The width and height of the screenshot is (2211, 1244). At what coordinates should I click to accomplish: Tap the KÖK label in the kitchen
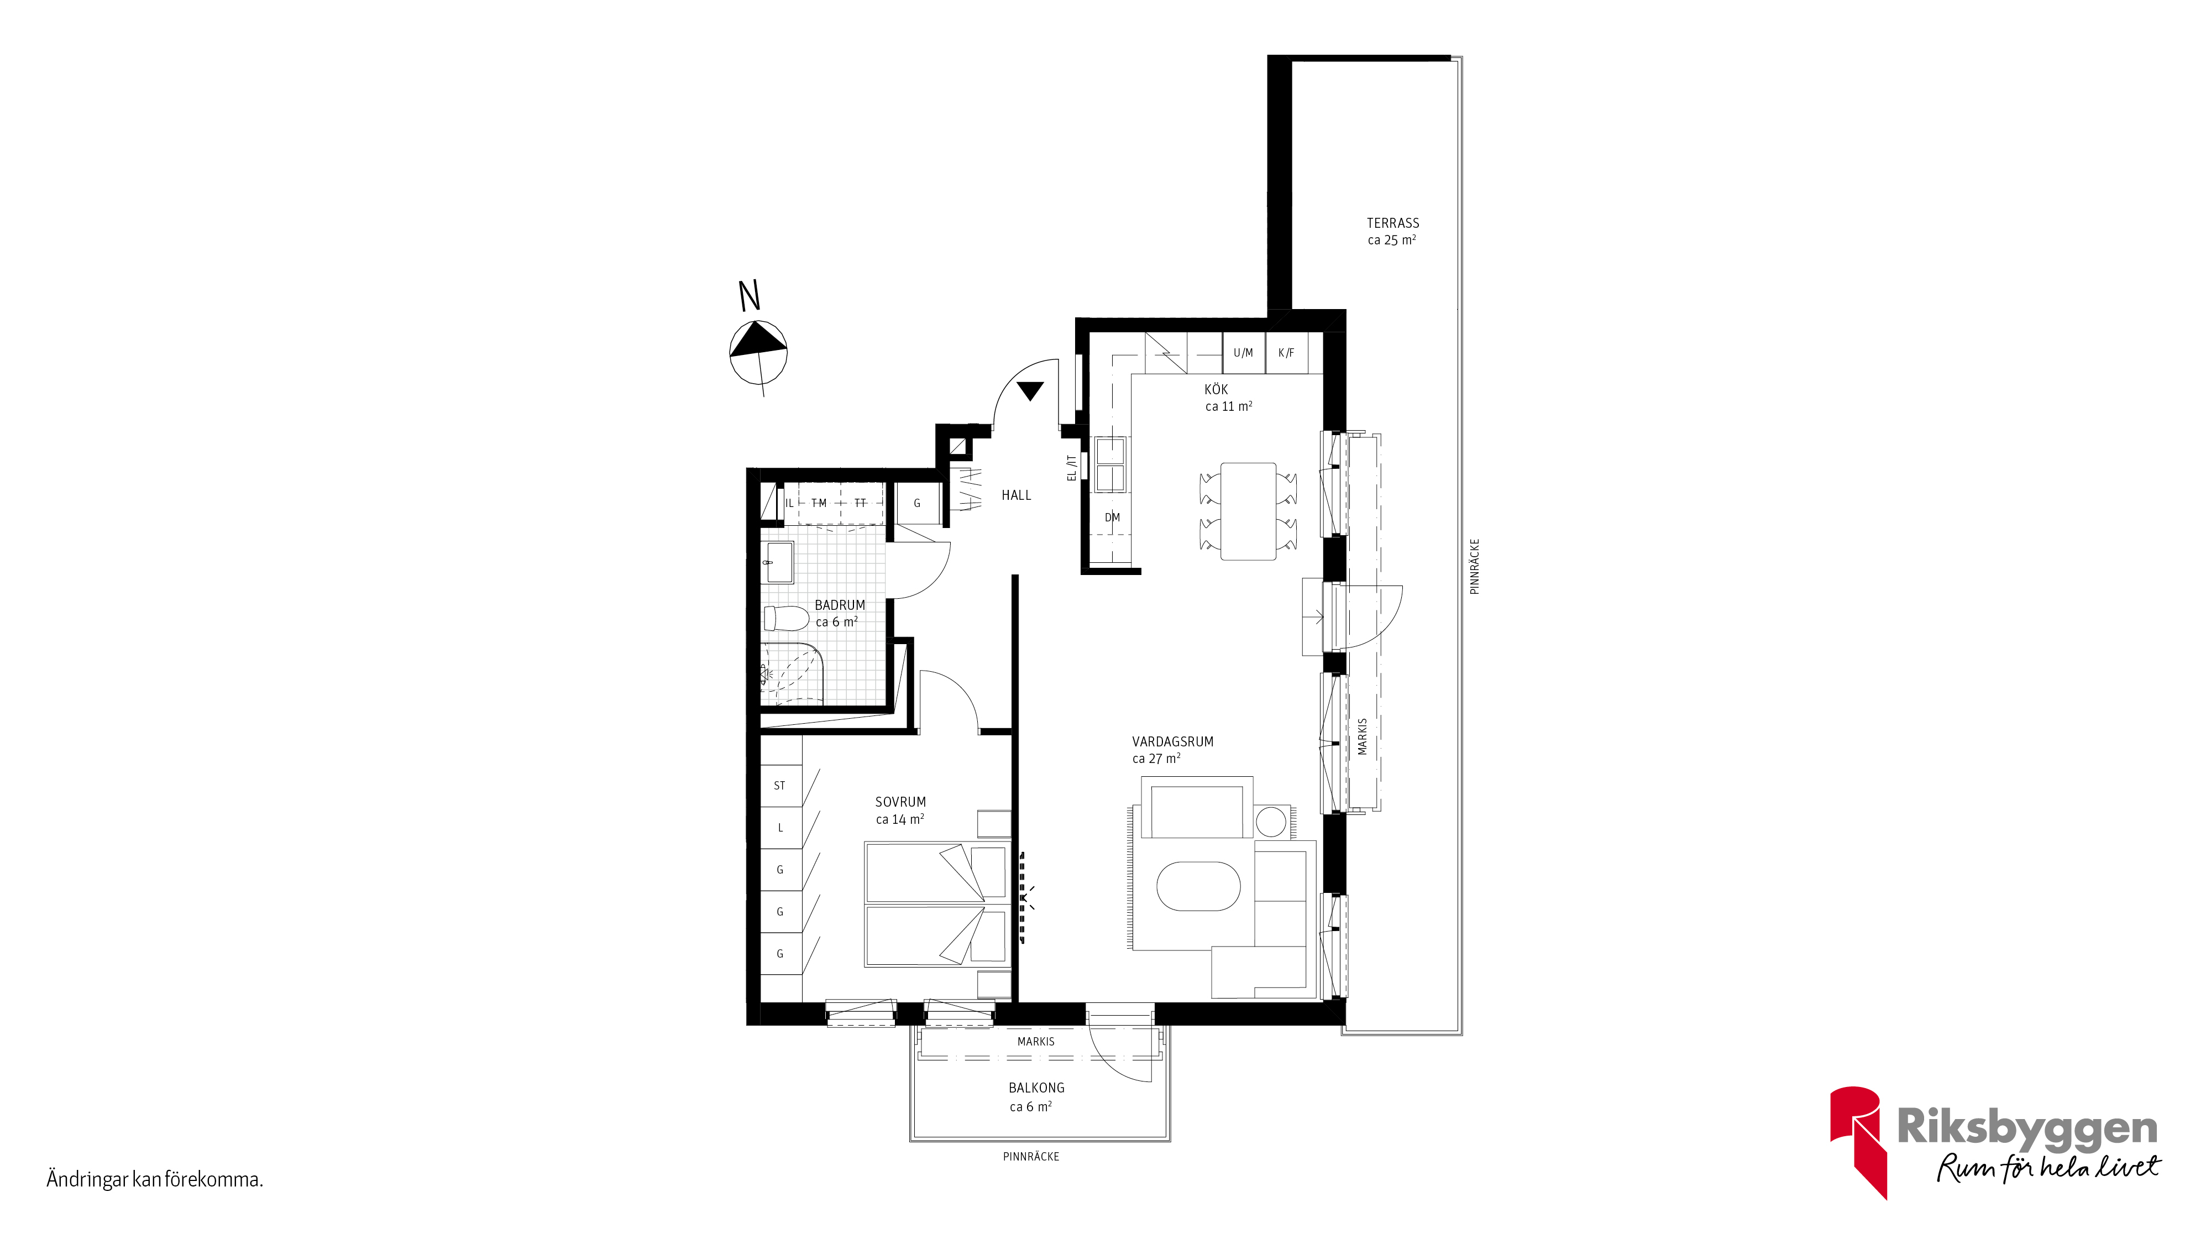pos(1216,389)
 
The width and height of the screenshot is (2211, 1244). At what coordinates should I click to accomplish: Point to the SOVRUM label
pos(900,802)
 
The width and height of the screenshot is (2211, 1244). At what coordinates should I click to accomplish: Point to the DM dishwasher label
pos(1112,518)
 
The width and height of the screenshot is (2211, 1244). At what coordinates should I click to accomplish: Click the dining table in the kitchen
pos(1248,511)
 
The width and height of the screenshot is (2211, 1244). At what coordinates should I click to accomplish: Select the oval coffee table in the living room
pos(1198,886)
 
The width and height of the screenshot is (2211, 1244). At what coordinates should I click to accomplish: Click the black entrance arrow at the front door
pos(1030,391)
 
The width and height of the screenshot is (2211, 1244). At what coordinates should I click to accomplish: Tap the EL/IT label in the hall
pos(1071,468)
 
